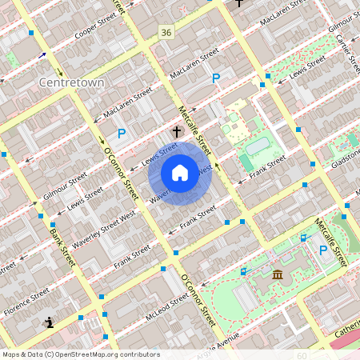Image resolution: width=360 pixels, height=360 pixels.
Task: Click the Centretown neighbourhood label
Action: [68, 82]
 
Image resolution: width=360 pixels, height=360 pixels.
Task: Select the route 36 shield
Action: [166, 33]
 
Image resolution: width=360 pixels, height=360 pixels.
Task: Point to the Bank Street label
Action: [55, 238]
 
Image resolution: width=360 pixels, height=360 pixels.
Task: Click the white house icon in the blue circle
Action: [180, 173]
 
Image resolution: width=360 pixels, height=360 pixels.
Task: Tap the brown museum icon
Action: [278, 275]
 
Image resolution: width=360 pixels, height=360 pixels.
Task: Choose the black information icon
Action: [50, 323]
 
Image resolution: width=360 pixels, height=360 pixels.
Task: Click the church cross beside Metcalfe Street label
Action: [178, 130]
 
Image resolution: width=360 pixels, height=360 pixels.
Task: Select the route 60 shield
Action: [302, 355]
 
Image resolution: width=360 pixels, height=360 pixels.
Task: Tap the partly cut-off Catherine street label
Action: [346, 330]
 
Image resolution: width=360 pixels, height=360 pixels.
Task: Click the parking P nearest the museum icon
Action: [324, 250]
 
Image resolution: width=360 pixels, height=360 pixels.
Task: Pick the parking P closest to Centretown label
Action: [122, 134]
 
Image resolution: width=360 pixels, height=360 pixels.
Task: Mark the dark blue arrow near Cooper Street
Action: [42, 56]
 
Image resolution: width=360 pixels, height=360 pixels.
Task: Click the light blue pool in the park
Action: [258, 146]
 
